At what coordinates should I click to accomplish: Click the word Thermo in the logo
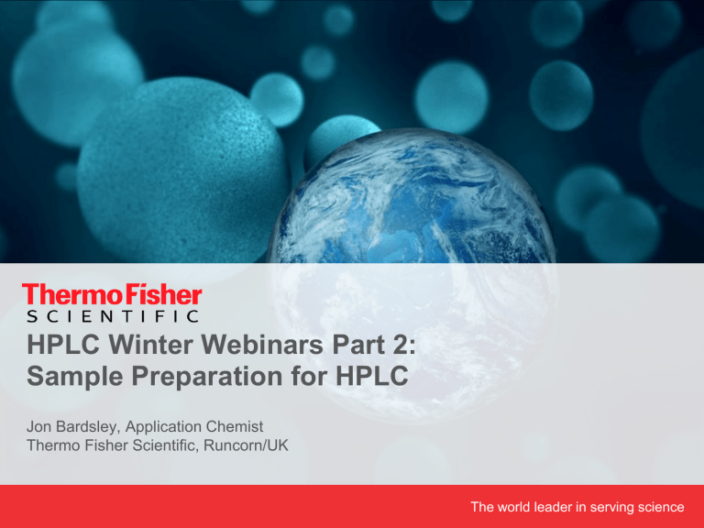(x=67, y=294)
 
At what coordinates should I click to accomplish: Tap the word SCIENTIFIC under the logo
(x=111, y=317)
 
